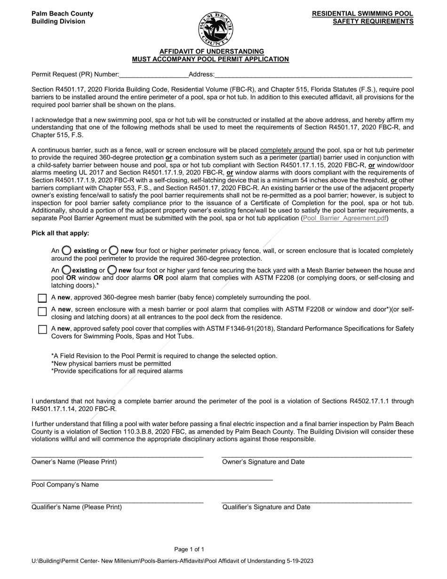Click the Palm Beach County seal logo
(x=215, y=29)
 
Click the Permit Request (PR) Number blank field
(x=153, y=74)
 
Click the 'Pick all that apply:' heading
(x=60, y=233)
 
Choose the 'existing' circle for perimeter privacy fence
(x=67, y=250)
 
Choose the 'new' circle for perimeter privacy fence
(x=113, y=250)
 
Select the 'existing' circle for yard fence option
(x=66, y=270)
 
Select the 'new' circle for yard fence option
(x=112, y=270)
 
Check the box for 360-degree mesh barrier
(x=42, y=298)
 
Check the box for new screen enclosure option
(x=42, y=311)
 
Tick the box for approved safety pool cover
(x=42, y=330)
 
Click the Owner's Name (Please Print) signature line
(x=117, y=455)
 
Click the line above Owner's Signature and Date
(x=316, y=455)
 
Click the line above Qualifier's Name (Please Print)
(x=117, y=500)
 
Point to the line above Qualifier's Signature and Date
(x=316, y=500)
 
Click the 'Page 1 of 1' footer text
(x=189, y=549)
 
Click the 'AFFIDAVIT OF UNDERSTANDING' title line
(x=211, y=51)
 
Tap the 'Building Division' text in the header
(x=58, y=22)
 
